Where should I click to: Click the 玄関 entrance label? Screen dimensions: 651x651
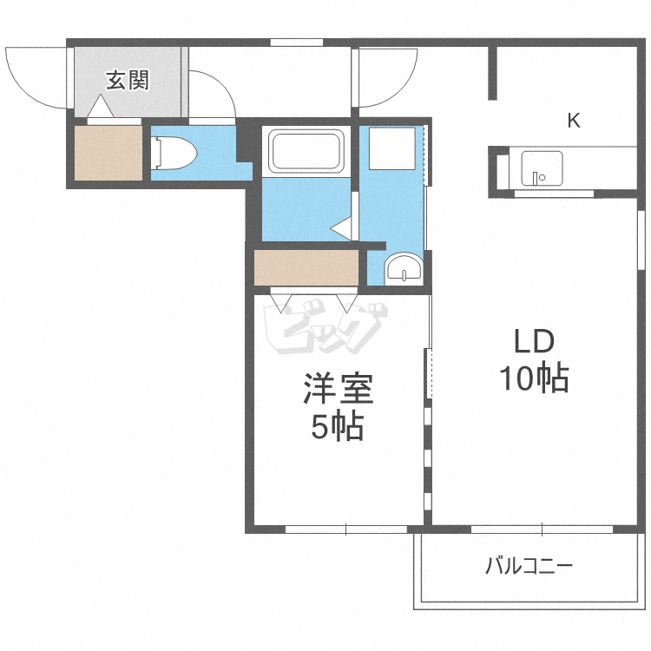pos(127,80)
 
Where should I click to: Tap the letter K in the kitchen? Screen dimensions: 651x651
pos(574,121)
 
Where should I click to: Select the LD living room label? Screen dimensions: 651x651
pos(535,341)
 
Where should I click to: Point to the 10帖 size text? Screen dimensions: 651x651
pos(534,378)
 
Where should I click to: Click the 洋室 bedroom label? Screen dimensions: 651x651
pos(339,388)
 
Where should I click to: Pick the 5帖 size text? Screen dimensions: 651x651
pos(338,425)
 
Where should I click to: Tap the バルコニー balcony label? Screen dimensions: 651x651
pos(529,566)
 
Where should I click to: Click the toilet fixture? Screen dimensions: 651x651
pos(174,153)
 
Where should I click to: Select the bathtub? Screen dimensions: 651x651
pos(306,150)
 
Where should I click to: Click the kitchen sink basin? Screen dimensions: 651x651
pos(542,168)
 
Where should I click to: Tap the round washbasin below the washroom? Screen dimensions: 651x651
pos(403,268)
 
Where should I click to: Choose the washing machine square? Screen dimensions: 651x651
pos(392,148)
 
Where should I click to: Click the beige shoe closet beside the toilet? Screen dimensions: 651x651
pos(108,153)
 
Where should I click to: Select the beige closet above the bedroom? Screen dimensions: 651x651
pos(306,267)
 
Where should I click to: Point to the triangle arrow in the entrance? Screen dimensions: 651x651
pos(101,107)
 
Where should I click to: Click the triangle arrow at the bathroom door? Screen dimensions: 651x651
pos(341,228)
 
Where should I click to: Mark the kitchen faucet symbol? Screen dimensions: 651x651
pos(538,178)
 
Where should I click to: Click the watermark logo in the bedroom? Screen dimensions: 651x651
pos(325,325)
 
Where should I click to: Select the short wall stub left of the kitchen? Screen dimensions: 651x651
pos(492,73)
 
